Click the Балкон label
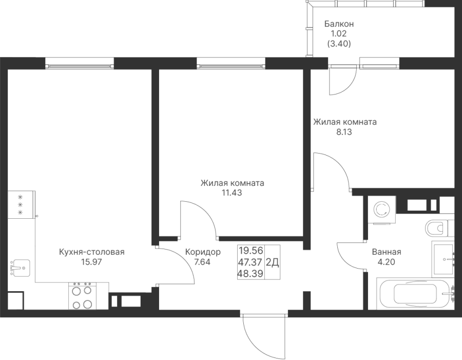(339, 24)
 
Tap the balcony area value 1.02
(339, 34)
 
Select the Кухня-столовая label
(92, 252)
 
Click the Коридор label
(203, 252)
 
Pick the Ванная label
(386, 252)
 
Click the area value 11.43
(232, 193)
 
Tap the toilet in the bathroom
(439, 226)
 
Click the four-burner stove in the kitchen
(83, 297)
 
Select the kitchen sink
(19, 267)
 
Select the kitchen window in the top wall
(79, 63)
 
